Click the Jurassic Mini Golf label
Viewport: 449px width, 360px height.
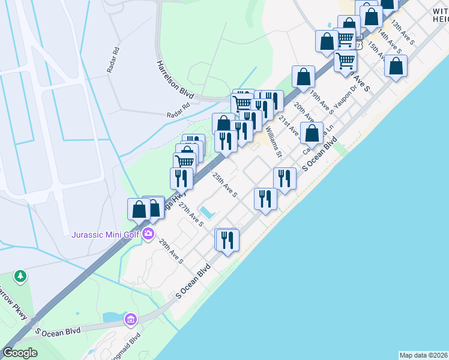106,234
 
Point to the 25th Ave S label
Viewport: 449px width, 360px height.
224,185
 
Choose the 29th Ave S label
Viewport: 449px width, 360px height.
171,252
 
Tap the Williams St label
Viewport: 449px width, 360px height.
274,141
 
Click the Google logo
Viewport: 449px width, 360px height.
20,353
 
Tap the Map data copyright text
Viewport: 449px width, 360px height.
423,355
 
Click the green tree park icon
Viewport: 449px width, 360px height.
21,275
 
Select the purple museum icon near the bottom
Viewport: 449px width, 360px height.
130,320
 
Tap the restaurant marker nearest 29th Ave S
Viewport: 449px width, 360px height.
227,240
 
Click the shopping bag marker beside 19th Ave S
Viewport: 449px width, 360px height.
304,76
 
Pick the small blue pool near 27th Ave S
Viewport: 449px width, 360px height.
206,212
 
